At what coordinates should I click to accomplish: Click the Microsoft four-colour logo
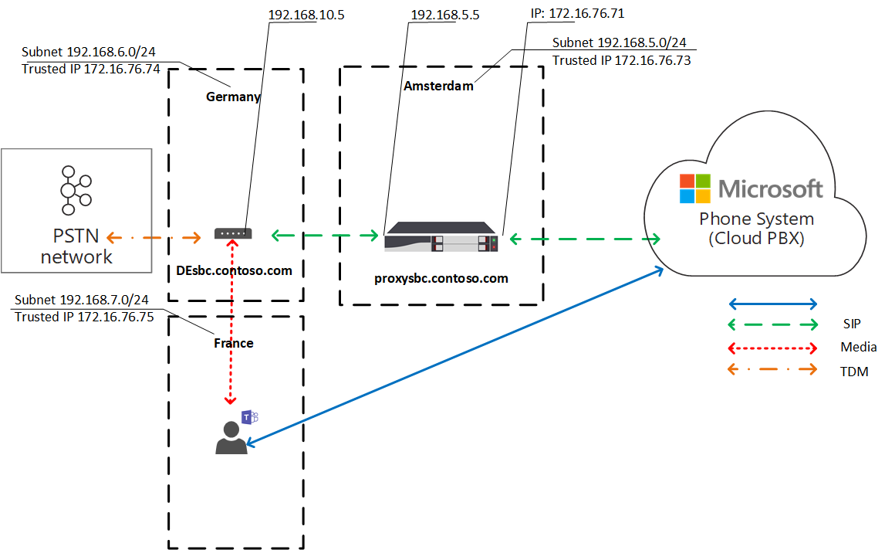click(694, 188)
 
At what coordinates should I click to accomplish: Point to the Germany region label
click(233, 97)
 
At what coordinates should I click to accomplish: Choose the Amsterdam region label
click(437, 87)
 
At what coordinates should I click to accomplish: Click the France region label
click(233, 343)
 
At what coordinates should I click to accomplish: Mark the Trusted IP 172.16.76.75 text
click(83, 317)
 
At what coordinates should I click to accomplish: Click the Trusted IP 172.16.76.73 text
click(621, 60)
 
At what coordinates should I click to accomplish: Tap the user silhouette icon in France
click(231, 438)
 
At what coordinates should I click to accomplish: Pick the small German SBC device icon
click(232, 233)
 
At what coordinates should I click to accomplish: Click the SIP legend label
click(851, 324)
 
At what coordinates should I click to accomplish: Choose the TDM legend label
click(854, 372)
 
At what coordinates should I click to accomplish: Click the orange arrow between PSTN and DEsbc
click(155, 236)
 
